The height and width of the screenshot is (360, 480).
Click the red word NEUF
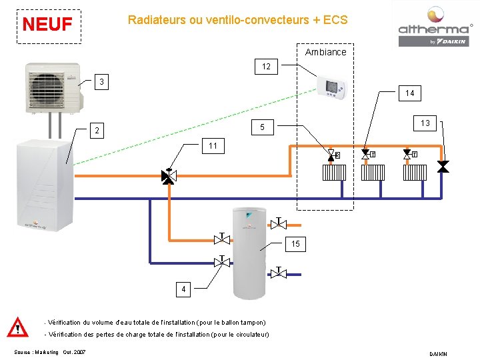pyautogui.click(x=47, y=25)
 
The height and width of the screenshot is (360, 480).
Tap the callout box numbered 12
pyautogui.click(x=266, y=67)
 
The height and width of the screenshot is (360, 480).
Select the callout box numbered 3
pyautogui.click(x=101, y=82)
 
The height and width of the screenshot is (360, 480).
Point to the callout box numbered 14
pyautogui.click(x=409, y=93)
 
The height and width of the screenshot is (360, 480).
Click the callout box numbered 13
pyautogui.click(x=425, y=123)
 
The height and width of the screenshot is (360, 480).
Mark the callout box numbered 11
pyautogui.click(x=213, y=145)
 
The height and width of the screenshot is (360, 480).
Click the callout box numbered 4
pyautogui.click(x=183, y=289)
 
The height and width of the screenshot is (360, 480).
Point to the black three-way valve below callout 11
pyautogui.click(x=169, y=176)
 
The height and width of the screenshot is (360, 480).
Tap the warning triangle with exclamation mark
pyautogui.click(x=17, y=328)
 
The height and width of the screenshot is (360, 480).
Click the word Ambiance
pyautogui.click(x=325, y=52)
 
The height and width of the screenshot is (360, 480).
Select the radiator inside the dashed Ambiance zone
pyautogui.click(x=333, y=173)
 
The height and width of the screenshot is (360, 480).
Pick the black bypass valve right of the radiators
pyautogui.click(x=443, y=166)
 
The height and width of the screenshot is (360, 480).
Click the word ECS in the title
pyautogui.click(x=335, y=20)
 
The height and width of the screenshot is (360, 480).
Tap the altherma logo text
pyautogui.click(x=433, y=29)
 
